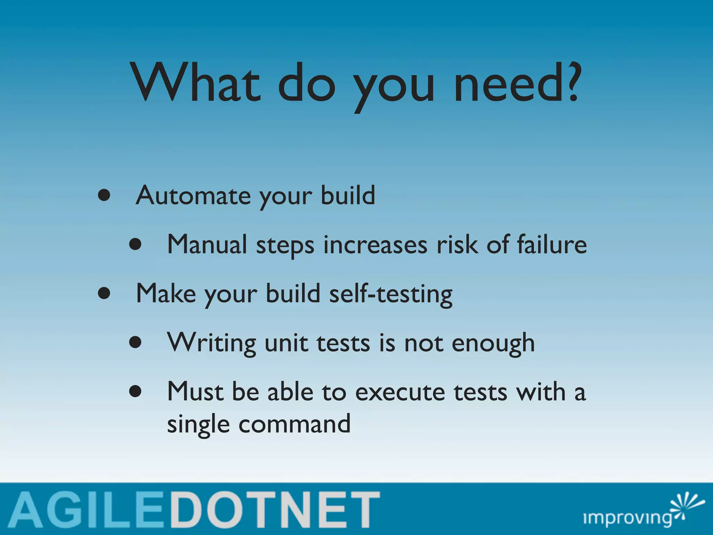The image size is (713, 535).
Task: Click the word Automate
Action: [x=193, y=195]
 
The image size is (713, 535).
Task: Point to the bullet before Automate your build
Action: [x=104, y=195]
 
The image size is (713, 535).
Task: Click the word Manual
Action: [x=207, y=245]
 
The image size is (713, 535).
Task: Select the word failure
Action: [x=551, y=245]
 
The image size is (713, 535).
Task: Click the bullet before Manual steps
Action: [x=135, y=245]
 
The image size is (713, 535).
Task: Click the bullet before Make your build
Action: [x=104, y=294]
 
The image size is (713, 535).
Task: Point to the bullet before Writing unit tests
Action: [x=135, y=343]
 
